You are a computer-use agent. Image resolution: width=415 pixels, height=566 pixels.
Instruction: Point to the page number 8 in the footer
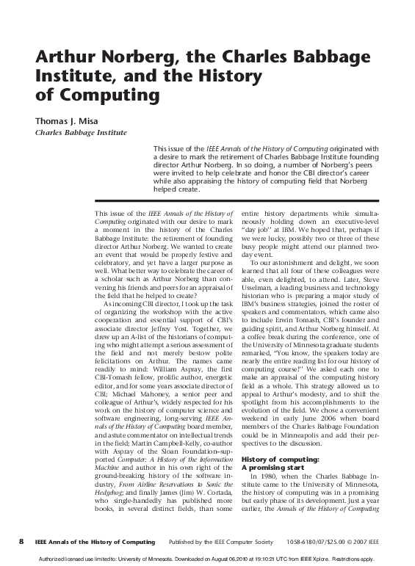[x=21, y=541]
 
